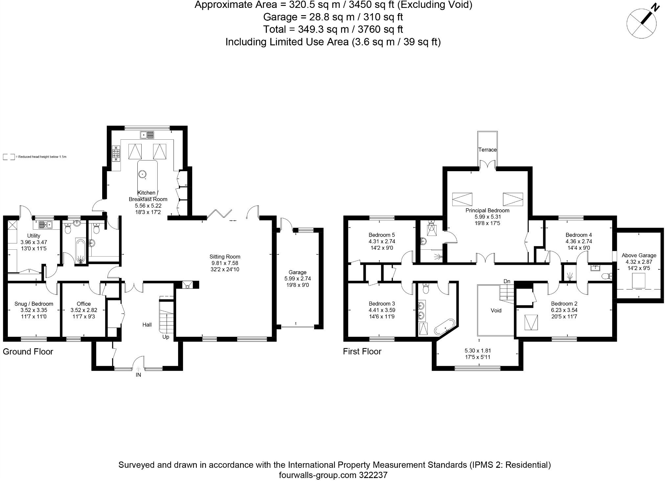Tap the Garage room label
297,272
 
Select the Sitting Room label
225,257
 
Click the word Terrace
487,150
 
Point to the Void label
496,310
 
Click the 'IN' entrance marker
138,375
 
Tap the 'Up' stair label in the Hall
166,337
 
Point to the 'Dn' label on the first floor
507,281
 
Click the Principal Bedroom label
487,211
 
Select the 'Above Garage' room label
639,255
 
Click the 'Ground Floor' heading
28,352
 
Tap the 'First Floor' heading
362,352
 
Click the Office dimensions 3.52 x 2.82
84,310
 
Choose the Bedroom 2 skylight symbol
531,322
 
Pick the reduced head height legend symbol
9,157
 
